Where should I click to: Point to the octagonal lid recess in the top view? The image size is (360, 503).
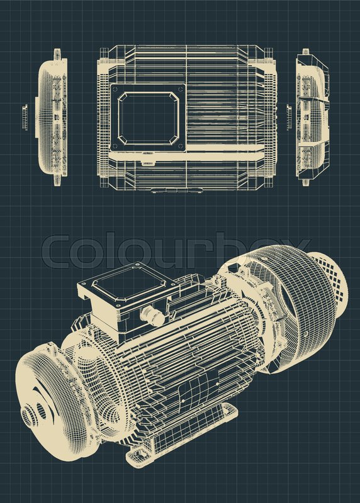[x=149, y=118]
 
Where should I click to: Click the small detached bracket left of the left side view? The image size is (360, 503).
[x=25, y=118]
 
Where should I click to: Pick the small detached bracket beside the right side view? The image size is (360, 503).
[x=289, y=118]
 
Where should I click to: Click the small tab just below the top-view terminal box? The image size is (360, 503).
[x=148, y=162]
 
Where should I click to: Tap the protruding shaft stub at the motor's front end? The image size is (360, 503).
[x=29, y=414]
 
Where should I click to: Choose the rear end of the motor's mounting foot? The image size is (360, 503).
[x=230, y=411]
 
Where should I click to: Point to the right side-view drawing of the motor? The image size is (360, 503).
[x=312, y=118]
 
